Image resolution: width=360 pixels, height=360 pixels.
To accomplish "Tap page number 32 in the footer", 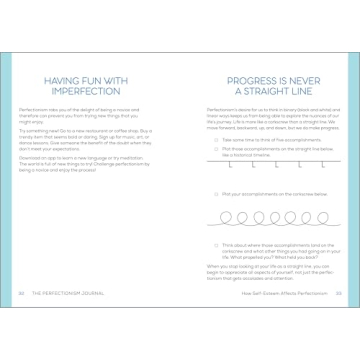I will click(x=21, y=293).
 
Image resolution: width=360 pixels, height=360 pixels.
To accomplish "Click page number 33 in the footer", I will click(x=338, y=293).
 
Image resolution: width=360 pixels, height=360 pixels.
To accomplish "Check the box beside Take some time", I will click(x=216, y=140).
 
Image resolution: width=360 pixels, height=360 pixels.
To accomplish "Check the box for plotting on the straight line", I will click(x=216, y=147).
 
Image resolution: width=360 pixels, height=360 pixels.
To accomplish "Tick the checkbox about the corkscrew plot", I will click(x=216, y=193).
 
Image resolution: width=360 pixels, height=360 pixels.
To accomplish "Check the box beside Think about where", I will click(x=216, y=243).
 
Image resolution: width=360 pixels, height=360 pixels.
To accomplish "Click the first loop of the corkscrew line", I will click(x=227, y=216).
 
